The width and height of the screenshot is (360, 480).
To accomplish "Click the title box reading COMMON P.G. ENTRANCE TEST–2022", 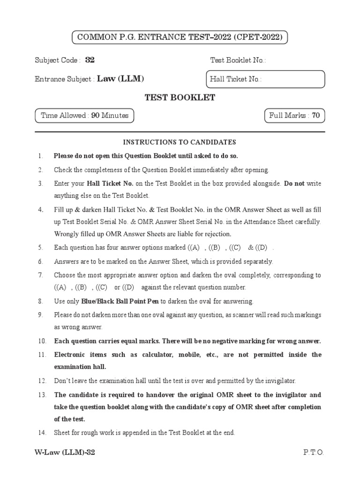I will click(x=180, y=37).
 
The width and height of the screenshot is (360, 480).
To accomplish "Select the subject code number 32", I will click(x=90, y=60).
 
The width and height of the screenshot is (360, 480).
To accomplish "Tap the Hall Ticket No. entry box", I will click(x=265, y=79).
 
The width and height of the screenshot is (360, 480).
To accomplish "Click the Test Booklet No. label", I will click(x=238, y=60).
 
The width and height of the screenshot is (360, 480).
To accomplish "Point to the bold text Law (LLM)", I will click(x=120, y=79).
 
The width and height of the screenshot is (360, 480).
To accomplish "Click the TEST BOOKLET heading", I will click(x=180, y=98).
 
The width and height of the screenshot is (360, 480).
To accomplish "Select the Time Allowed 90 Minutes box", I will click(x=85, y=115).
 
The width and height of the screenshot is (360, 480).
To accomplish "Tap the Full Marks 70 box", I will click(x=294, y=115).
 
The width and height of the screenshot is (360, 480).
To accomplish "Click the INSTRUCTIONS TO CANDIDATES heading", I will click(x=180, y=142).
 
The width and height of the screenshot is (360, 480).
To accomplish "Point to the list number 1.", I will click(x=41, y=156).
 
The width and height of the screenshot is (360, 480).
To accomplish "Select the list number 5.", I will click(x=41, y=247).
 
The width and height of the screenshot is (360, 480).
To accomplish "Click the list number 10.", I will click(x=42, y=341).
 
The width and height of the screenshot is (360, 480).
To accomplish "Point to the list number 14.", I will click(x=42, y=433).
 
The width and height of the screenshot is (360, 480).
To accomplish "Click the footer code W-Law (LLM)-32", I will click(x=65, y=452).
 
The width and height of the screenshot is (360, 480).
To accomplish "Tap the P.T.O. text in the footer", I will click(x=314, y=452).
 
